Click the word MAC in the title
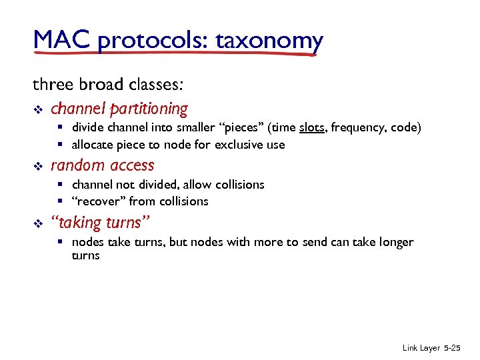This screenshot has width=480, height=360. [x=61, y=41]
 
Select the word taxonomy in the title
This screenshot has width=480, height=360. [x=269, y=41]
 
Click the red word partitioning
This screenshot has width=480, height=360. [x=149, y=108]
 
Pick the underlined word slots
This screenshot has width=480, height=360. [x=311, y=127]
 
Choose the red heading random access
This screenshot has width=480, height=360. [x=102, y=165]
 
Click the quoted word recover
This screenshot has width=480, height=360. [x=99, y=201]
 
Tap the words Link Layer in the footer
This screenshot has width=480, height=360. [x=420, y=349]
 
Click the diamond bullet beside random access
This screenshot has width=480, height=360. [x=37, y=166]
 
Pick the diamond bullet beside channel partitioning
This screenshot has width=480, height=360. [x=37, y=109]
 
